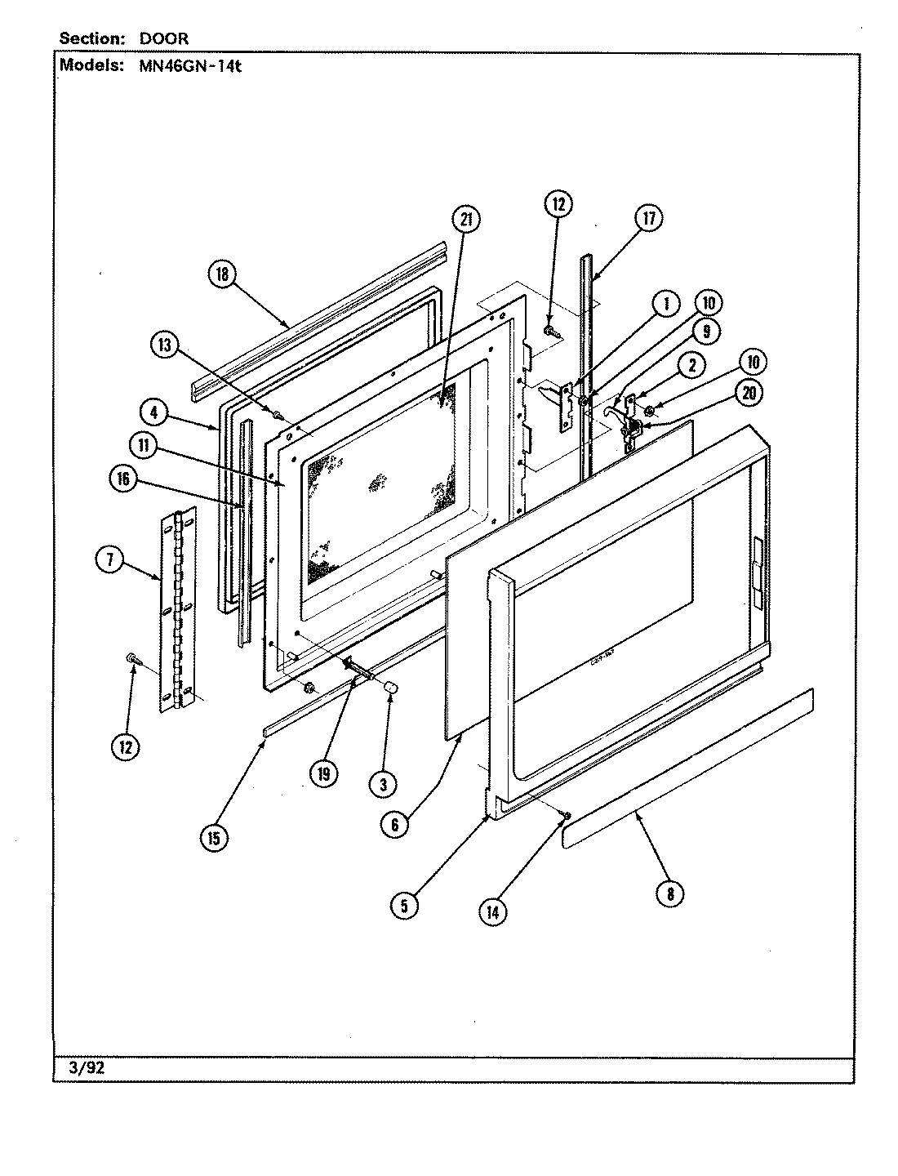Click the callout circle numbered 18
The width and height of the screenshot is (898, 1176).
(x=222, y=278)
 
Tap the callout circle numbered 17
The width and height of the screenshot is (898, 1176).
(x=648, y=218)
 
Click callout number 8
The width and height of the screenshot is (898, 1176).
(x=669, y=893)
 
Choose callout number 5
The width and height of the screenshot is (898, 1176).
(x=404, y=904)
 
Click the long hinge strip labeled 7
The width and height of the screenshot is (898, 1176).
(x=177, y=608)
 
